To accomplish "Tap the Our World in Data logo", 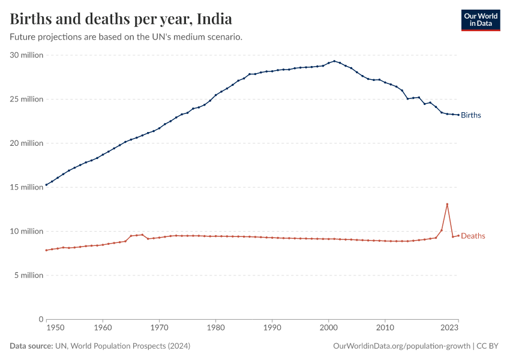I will [x=480, y=20].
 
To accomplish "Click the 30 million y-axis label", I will [x=26, y=55].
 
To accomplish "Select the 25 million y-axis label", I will [x=26, y=99].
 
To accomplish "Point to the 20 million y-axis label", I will [x=26, y=143].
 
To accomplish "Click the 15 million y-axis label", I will [x=26, y=187].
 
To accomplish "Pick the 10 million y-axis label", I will [x=26, y=231].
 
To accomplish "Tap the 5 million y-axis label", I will [x=28, y=275].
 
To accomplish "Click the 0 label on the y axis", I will [x=41, y=319].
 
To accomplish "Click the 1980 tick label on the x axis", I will [x=215, y=328].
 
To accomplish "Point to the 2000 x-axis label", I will [x=328, y=328].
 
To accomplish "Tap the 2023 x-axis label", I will [x=449, y=328].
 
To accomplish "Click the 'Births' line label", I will [x=471, y=115].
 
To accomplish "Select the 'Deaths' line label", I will [x=473, y=236].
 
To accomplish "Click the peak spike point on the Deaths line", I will [x=447, y=204].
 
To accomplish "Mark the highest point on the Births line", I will [x=334, y=61].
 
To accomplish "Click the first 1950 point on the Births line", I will [x=46, y=185].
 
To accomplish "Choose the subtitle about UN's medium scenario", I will [x=126, y=37].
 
